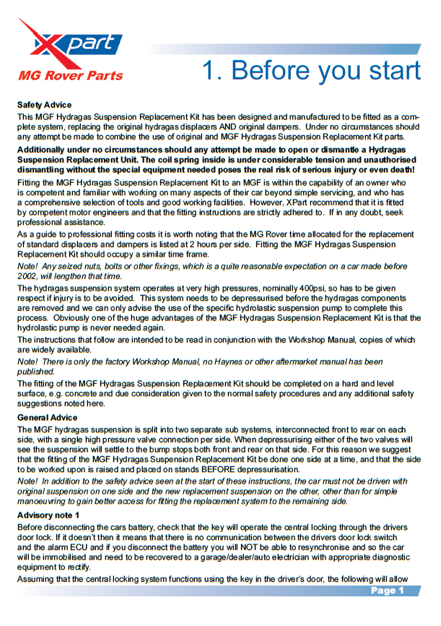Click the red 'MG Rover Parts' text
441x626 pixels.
71,75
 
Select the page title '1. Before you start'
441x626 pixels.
310,70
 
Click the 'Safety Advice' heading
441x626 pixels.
44,105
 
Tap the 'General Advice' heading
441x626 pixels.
47,418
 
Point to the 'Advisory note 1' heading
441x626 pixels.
48,515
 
